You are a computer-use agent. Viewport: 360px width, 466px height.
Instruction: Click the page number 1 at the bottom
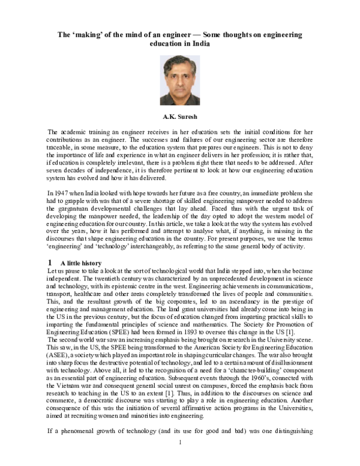180,459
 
